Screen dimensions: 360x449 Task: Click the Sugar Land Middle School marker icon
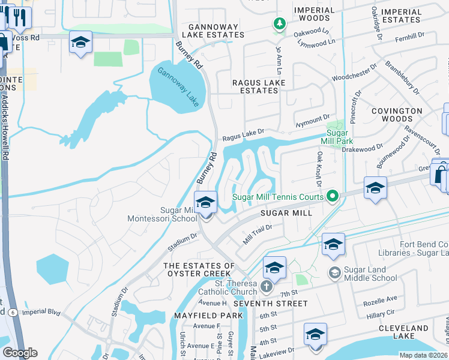click(334, 273)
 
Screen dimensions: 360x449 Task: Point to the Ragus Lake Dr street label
click(243, 138)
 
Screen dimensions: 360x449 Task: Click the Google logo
click(20, 353)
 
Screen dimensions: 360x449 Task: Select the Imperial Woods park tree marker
click(279, 24)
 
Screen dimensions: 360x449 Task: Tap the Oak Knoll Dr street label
click(319, 168)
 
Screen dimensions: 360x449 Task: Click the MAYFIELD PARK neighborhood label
click(200, 315)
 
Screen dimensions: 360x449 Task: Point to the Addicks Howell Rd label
click(6, 125)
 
